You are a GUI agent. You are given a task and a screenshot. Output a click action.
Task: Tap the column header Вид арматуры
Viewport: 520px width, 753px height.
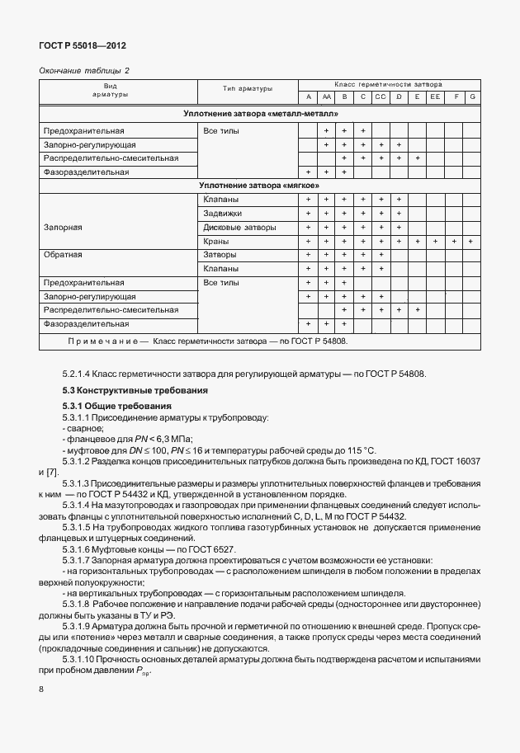point(116,91)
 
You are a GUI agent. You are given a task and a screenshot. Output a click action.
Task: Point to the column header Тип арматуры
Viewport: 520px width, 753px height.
point(247,88)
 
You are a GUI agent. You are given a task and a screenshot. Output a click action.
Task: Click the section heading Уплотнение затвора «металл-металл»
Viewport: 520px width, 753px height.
point(260,114)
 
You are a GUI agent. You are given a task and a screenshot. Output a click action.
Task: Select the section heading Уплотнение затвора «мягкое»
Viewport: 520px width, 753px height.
point(260,186)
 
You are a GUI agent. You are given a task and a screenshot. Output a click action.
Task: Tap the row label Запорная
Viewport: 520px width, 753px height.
point(63,227)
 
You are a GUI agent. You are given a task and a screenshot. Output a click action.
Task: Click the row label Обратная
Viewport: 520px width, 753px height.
point(63,255)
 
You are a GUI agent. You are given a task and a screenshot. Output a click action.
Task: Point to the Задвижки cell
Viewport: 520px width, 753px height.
point(221,213)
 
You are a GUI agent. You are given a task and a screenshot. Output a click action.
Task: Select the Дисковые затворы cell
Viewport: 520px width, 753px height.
point(239,227)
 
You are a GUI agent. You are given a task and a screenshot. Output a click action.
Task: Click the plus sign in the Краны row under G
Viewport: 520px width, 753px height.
point(471,241)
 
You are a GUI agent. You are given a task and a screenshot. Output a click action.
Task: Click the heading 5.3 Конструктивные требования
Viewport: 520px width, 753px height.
point(124,389)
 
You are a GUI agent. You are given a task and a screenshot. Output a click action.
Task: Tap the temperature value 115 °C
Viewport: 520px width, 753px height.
point(357,450)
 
